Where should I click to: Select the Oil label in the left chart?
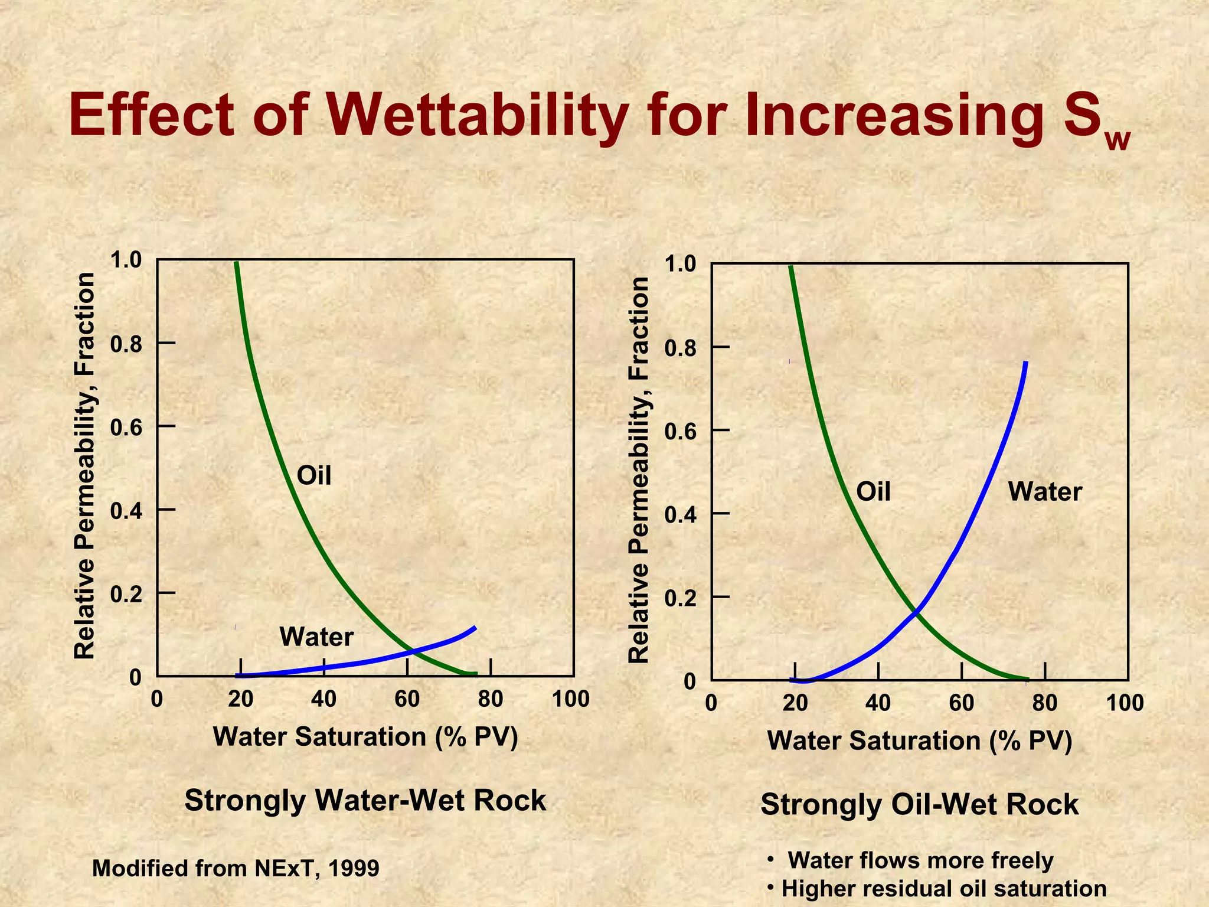coord(313,475)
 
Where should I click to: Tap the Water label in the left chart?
coord(316,637)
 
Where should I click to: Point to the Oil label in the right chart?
coord(873,491)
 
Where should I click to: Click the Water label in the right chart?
coord(1045,491)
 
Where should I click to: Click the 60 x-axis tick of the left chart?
coord(407,699)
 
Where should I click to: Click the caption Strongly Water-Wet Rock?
coord(365,801)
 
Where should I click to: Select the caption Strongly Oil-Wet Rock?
coord(919,804)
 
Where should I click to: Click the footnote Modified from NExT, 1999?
coord(236,868)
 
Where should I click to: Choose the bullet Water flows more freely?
coord(920,860)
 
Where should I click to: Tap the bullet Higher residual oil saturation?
coord(943,888)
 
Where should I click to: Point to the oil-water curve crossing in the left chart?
coord(413,651)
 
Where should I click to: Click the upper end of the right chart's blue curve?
coord(1026,363)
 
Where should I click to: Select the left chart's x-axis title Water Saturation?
coord(365,737)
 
